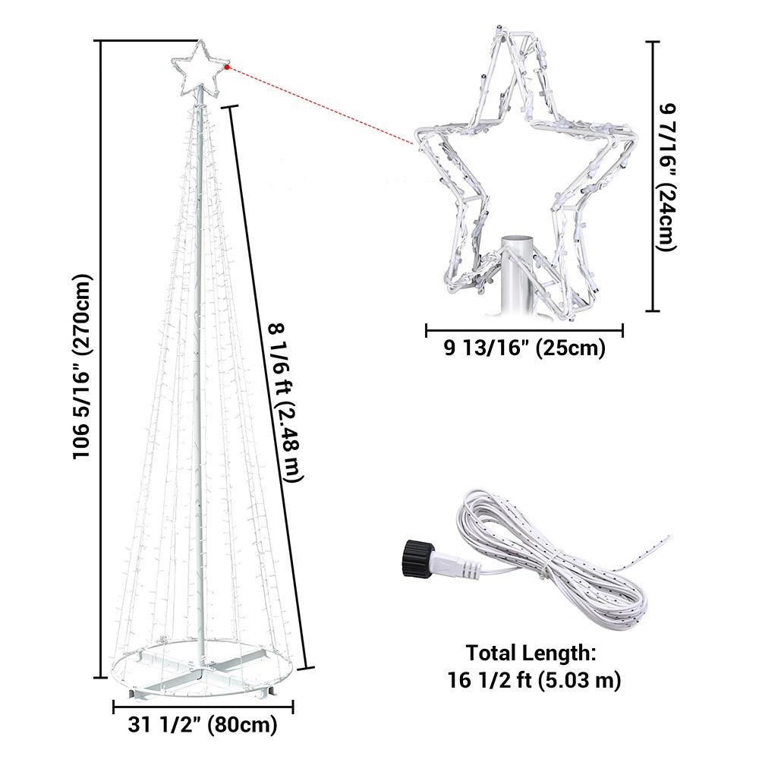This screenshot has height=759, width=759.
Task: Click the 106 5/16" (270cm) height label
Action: coord(81,367)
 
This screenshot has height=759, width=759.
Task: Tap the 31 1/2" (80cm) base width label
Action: coord(203,725)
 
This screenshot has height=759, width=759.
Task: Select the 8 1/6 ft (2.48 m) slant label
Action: coord(285,402)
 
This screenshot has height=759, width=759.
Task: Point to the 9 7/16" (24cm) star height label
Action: coord(666,177)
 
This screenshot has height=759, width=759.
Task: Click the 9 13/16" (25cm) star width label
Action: coord(524,348)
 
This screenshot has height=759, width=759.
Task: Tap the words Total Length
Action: coord(531,653)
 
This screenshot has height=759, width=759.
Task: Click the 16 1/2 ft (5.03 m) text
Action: coord(534,680)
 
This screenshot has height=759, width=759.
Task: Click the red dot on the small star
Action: coord(226,68)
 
